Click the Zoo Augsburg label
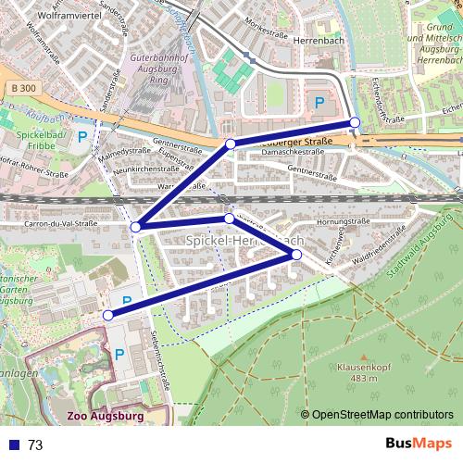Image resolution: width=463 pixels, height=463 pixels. click(105, 416)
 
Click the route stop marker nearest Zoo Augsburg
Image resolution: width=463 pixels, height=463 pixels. click(108, 315)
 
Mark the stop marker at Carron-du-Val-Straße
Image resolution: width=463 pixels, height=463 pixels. click(136, 227)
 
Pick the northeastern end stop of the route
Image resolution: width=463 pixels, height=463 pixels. click(355, 123)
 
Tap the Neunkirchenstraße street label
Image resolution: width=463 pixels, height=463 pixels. click(148, 169)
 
